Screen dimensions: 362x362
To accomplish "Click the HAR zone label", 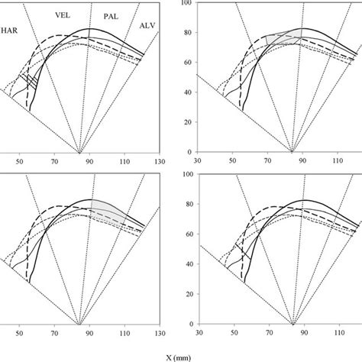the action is [9, 31].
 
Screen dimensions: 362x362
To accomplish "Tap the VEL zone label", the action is [63, 15].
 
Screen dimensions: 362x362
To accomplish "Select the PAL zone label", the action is [111, 17].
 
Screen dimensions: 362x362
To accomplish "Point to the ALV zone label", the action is [147, 26].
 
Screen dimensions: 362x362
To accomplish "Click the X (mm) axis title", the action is [179, 358].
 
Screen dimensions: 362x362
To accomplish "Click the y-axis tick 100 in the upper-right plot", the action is [189, 3].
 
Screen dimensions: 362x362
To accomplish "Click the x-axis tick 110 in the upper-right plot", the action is [338, 161].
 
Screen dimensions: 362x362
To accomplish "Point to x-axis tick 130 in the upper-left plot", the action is [160, 161].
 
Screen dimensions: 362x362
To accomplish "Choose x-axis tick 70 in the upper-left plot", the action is [54, 161].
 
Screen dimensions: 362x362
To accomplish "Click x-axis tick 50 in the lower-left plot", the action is [19, 333].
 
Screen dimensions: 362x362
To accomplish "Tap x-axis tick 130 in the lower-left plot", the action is [160, 333].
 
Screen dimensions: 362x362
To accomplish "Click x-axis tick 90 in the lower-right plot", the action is [304, 333].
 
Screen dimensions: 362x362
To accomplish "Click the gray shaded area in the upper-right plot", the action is [284, 38].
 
